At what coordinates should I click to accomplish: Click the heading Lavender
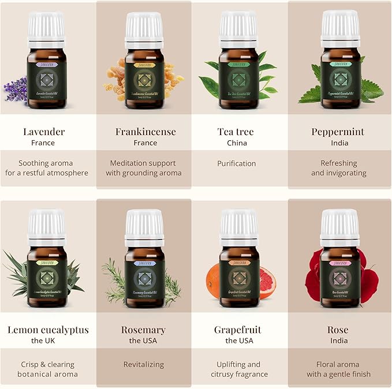click(44, 132)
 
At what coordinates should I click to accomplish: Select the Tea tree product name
click(236, 132)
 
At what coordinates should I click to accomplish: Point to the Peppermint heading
click(338, 132)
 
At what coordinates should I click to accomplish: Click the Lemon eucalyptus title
click(48, 330)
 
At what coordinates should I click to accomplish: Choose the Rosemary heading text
click(144, 330)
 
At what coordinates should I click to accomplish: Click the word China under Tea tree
click(236, 143)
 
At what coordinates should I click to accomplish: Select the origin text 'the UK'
click(47, 341)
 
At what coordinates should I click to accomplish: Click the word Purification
click(236, 163)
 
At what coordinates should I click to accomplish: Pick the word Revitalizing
click(144, 364)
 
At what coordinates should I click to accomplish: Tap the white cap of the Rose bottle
click(340, 226)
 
